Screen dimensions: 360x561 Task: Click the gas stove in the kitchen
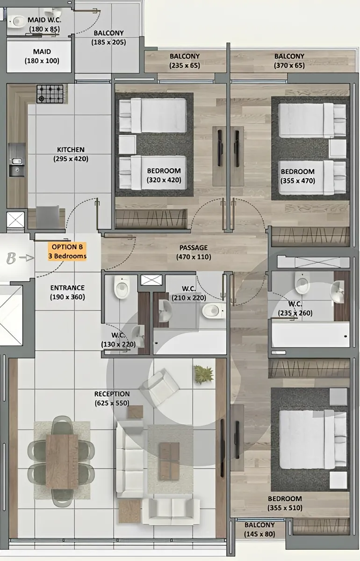(x=50, y=94)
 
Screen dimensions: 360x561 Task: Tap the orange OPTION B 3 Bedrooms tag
(x=67, y=252)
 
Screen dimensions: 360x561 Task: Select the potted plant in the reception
(x=204, y=374)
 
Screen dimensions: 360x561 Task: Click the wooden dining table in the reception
(x=62, y=461)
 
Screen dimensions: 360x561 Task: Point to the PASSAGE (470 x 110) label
(x=194, y=252)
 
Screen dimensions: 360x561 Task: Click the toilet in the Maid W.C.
(x=16, y=22)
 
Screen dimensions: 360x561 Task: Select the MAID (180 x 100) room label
(x=42, y=56)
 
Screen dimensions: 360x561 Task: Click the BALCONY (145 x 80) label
(x=259, y=529)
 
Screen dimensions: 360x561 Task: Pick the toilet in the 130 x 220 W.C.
(x=122, y=287)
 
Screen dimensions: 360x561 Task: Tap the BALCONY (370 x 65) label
(x=289, y=61)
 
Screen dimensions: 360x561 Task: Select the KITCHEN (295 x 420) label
(x=71, y=154)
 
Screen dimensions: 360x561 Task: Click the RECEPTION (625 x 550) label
(x=112, y=398)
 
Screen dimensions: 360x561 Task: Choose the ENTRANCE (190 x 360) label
(x=67, y=292)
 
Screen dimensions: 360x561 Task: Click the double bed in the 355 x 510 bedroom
(x=313, y=439)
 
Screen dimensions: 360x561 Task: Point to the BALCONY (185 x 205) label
(x=109, y=37)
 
